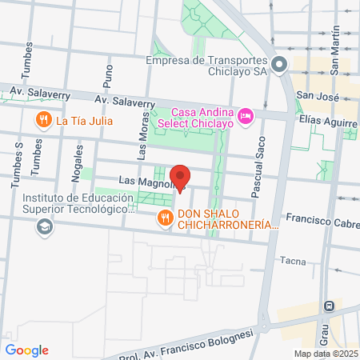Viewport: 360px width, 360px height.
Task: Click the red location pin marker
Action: point(180,178)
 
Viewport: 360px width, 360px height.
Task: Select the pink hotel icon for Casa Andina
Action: point(246,117)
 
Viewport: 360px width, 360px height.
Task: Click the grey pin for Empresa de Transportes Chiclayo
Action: point(279,64)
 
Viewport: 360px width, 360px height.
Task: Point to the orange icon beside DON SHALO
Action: point(165,217)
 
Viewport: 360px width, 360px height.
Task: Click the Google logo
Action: point(26,350)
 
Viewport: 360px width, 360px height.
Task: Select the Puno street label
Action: point(109,76)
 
